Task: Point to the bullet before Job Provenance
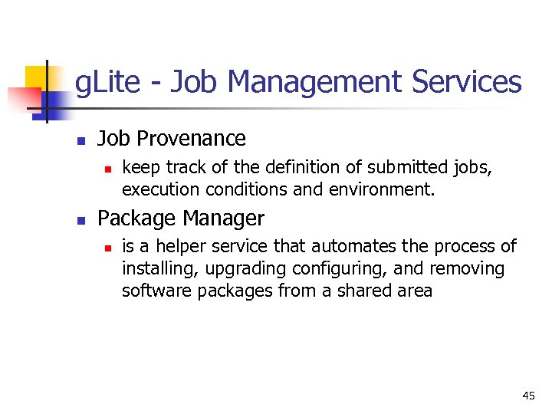point(80,140)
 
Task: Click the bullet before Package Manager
point(80,220)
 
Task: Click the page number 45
point(528,396)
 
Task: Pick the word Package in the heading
point(133,219)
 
